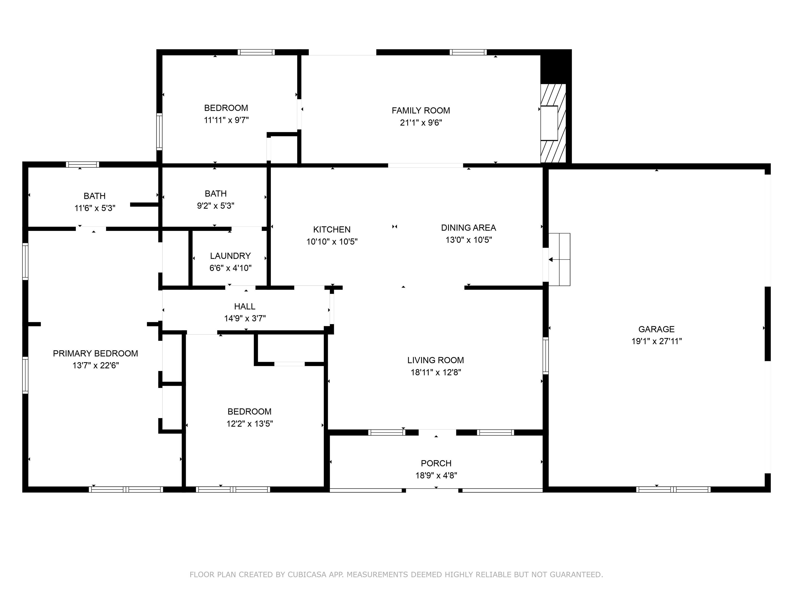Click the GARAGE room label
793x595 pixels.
(656, 329)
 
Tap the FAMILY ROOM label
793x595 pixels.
(421, 111)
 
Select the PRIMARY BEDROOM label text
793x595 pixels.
(95, 353)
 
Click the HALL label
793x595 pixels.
(245, 306)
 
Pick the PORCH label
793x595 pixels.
(436, 463)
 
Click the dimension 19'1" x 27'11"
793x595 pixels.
(656, 341)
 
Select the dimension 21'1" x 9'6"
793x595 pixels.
(421, 123)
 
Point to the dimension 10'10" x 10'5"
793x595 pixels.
(332, 242)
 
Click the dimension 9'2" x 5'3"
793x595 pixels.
(216, 206)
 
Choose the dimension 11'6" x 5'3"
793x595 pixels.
(95, 208)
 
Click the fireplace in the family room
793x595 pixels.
(553, 123)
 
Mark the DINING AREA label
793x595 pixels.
(469, 228)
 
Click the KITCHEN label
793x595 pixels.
(332, 230)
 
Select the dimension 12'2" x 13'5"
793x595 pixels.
(250, 424)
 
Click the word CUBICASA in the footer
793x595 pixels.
(307, 575)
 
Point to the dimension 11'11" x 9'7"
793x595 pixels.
(226, 120)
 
